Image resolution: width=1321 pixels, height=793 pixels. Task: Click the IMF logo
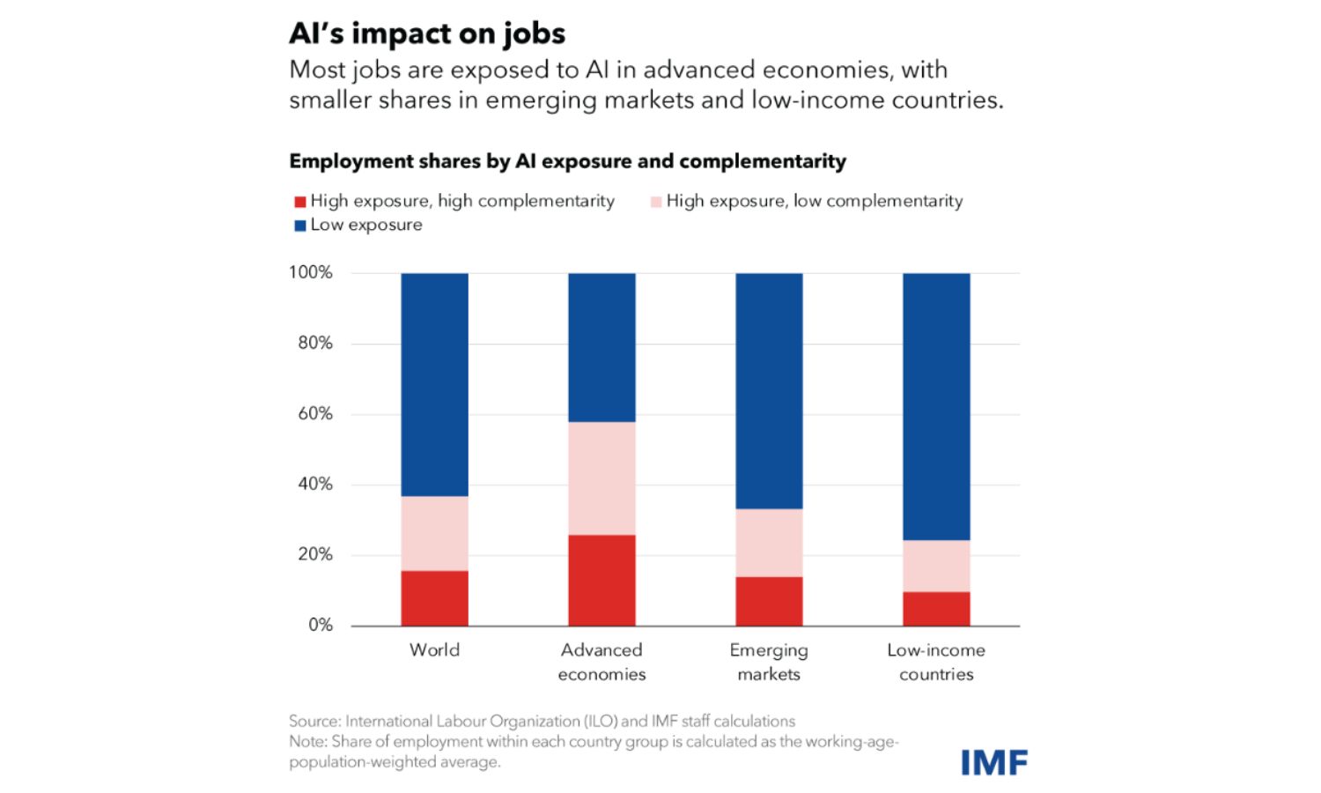[993, 762]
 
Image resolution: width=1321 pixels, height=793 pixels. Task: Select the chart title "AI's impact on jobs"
[427, 33]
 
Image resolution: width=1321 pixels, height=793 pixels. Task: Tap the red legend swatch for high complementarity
[299, 202]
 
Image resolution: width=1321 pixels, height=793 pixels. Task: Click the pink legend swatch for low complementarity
[655, 202]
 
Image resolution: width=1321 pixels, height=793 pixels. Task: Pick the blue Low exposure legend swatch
[299, 226]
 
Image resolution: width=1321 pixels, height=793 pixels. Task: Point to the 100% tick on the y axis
[310, 272]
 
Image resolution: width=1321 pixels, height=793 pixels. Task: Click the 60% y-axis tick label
[314, 413]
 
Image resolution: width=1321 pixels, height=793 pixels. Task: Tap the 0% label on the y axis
[320, 625]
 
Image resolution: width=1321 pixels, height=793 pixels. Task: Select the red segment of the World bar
[434, 598]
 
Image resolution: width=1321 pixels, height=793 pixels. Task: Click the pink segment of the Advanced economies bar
[601, 478]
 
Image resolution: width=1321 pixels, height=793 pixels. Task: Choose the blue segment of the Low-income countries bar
[936, 406]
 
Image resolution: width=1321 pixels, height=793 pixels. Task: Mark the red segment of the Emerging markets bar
[769, 601]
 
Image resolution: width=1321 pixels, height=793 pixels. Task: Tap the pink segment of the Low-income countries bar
[936, 566]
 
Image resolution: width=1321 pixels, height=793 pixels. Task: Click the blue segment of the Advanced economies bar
[601, 347]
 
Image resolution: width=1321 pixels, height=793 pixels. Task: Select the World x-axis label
[434, 650]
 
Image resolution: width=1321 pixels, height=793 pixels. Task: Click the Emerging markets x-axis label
[769, 662]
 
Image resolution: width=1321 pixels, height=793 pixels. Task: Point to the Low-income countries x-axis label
[936, 662]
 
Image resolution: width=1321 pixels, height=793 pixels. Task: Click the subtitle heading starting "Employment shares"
[567, 161]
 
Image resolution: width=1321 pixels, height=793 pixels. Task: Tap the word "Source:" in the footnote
[314, 721]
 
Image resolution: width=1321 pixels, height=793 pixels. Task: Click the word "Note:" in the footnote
[308, 741]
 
